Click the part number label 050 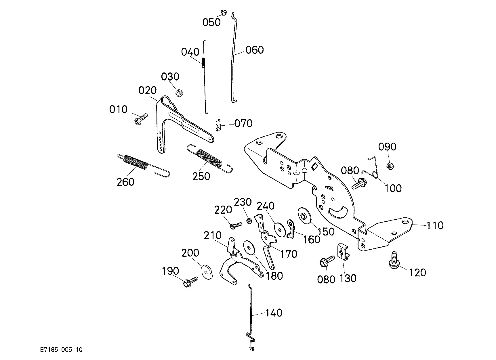[211, 22]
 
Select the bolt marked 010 [141, 118]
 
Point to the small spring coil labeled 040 [203, 62]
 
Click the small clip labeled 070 [218, 125]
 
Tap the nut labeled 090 [390, 166]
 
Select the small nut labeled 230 [249, 221]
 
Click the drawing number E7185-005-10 [61, 350]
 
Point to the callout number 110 [434, 225]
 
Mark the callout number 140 [274, 313]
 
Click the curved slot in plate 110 [339, 212]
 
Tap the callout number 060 [255, 50]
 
